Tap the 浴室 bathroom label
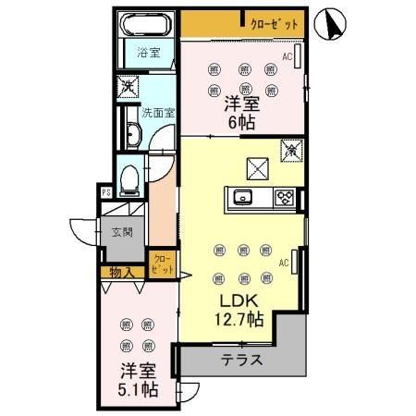click(x=148, y=52)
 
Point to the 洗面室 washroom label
click(x=159, y=114)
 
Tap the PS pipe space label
click(x=108, y=193)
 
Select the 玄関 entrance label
click(x=122, y=232)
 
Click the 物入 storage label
click(x=121, y=272)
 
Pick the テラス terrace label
click(x=244, y=361)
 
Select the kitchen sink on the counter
click(x=244, y=195)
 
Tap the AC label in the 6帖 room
click(x=288, y=57)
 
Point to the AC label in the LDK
click(x=285, y=263)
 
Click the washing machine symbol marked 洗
click(x=128, y=87)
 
